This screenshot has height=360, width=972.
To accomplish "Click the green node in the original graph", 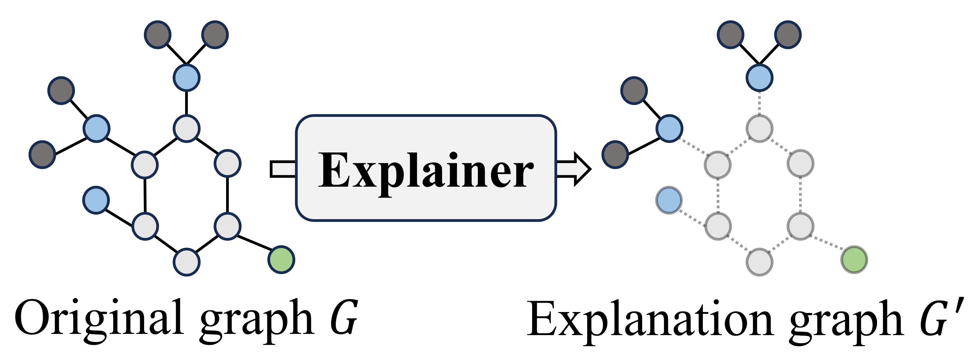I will point(281,260).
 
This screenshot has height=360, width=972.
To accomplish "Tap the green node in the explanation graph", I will point(854,260).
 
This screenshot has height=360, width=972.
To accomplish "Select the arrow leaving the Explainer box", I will point(574,169).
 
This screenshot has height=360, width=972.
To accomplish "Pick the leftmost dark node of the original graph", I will point(42,154).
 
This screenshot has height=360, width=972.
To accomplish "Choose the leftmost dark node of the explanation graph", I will point(615,154).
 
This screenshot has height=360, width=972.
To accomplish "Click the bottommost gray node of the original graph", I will point(186,262).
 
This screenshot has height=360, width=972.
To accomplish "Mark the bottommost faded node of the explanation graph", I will point(759,262).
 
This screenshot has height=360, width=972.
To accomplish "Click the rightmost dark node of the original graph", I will point(215,34).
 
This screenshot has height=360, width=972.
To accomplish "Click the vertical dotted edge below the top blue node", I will point(759,103).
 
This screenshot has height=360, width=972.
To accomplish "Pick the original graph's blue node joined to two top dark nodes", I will point(186,77).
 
